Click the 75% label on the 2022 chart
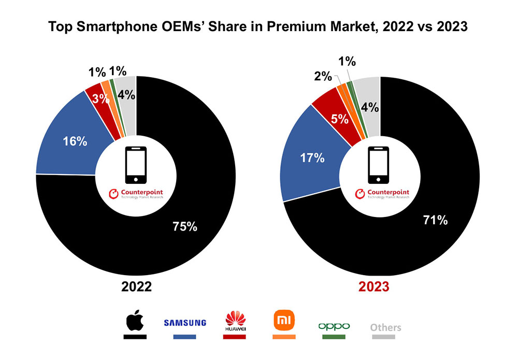click(185, 226)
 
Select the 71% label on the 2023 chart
click(435, 220)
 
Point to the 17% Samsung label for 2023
click(312, 157)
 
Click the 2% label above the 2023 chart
click(323, 77)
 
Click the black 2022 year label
click(136, 286)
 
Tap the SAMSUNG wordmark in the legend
click(185, 323)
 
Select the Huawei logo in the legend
click(234, 321)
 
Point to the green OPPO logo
click(334, 326)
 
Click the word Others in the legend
click(385, 327)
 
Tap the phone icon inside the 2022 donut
click(136, 165)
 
